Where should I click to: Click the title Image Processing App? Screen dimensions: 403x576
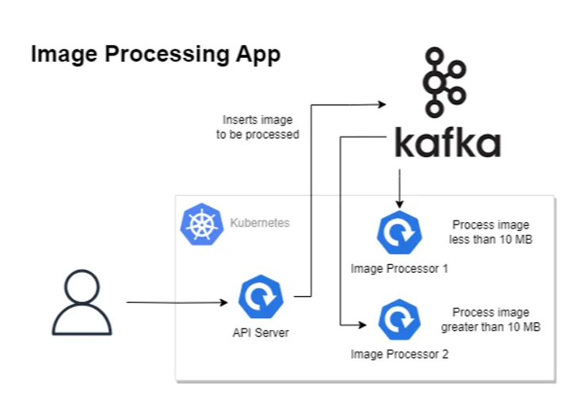click(155, 55)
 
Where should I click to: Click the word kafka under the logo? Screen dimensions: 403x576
click(448, 144)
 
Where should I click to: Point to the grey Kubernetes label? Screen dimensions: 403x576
click(259, 223)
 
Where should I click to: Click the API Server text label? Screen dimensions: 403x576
click(255, 332)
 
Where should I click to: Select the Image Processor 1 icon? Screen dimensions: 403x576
click(399, 232)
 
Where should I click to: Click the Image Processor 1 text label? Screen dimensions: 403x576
click(399, 269)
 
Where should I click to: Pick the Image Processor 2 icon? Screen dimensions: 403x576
click(399, 320)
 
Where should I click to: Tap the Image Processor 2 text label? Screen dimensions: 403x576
click(399, 354)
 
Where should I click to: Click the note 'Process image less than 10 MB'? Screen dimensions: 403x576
click(490, 232)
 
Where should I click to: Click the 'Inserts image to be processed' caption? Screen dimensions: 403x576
click(257, 128)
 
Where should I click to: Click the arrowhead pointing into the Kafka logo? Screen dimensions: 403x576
click(381, 103)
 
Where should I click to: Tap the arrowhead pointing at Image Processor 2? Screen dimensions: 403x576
click(362, 324)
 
